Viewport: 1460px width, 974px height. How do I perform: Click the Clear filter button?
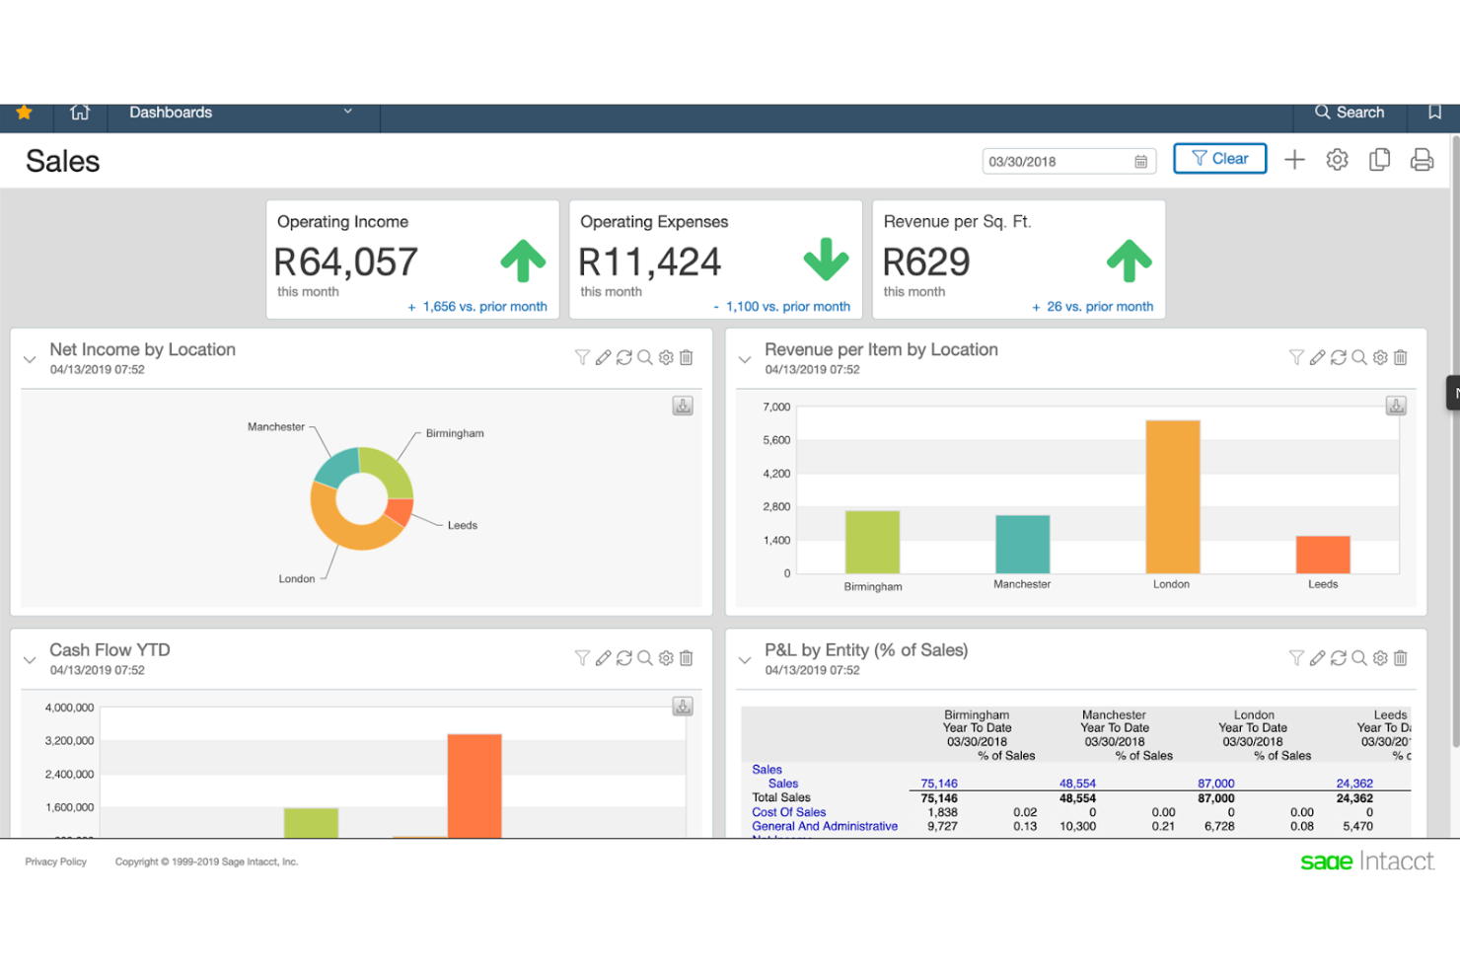coord(1219,159)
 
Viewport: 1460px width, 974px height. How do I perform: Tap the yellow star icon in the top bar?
coord(24,112)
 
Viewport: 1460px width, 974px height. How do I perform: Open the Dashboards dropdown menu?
coord(241,112)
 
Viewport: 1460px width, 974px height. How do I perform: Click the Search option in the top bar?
coord(1349,112)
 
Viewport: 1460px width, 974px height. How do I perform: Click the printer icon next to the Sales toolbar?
coord(1422,160)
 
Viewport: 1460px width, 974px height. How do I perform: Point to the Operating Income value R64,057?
coord(345,262)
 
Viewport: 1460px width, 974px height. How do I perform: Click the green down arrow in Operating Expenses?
coord(826,260)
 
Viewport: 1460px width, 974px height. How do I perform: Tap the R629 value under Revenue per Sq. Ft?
coord(925,262)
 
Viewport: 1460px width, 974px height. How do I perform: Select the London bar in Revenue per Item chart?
coord(1172,496)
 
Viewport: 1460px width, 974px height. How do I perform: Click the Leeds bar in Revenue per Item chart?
coord(1322,555)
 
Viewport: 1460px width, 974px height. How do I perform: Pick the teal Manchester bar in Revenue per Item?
coord(1022,544)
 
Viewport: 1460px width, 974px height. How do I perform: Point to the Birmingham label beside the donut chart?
coord(455,433)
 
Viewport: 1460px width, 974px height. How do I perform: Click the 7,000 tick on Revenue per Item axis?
coord(776,407)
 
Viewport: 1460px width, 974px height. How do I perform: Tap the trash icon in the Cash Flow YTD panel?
coord(687,658)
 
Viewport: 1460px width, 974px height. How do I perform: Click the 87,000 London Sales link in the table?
coord(1215,784)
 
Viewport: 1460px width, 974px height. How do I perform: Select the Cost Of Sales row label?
coord(788,812)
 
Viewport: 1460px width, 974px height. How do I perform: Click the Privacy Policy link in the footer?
coord(56,862)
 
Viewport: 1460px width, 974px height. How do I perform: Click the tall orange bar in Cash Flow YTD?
coord(474,786)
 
